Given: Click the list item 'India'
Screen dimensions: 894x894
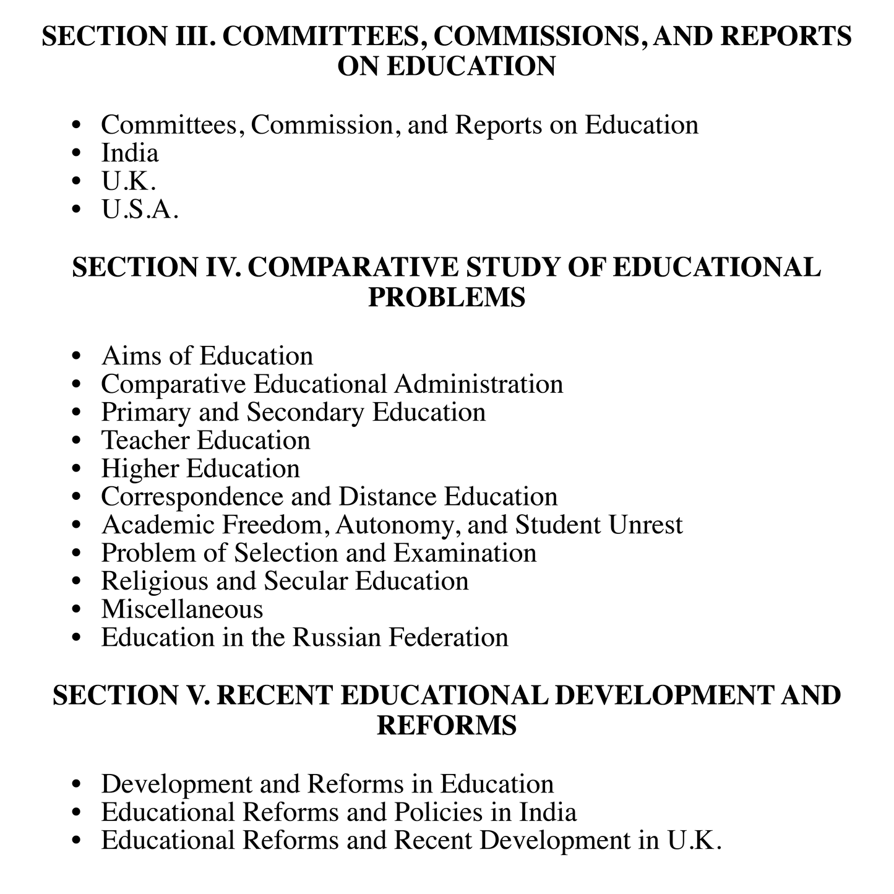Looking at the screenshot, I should coord(130,153).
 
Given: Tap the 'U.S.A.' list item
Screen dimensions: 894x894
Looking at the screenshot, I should coord(140,210).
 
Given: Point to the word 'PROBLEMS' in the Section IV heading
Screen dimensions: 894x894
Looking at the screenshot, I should coord(447,297).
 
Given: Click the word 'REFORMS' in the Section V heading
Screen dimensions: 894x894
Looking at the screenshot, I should coord(447,724).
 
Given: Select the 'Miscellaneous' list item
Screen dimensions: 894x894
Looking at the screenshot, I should coord(182,609).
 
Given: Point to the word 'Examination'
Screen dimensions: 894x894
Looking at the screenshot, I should coord(465,553).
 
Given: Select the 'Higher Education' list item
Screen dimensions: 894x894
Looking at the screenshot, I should coord(200,468).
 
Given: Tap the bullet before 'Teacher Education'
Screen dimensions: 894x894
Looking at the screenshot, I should coord(77,441).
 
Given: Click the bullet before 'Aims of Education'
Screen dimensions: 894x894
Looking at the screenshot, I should coord(77,357).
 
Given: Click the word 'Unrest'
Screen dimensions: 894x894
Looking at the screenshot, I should coord(645,525).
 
